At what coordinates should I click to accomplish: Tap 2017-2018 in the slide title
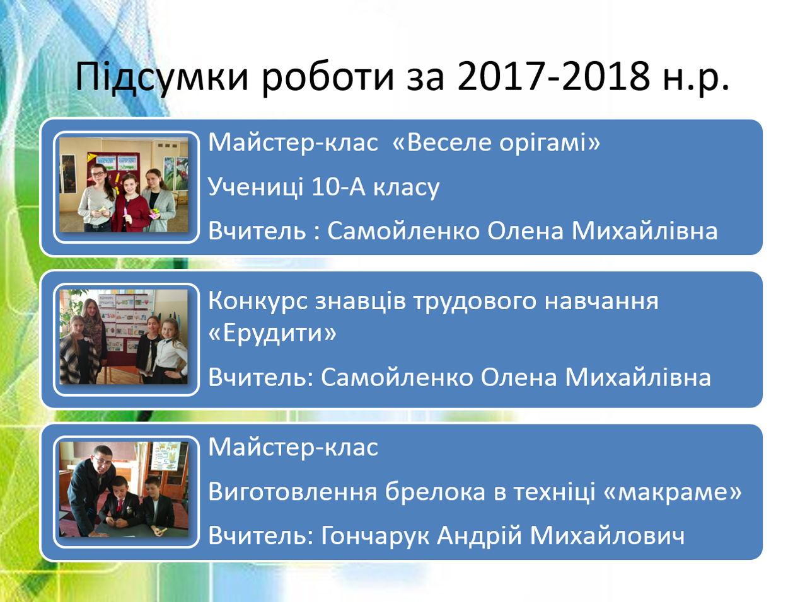553,77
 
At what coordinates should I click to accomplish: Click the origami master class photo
124,185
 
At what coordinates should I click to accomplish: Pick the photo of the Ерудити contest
124,337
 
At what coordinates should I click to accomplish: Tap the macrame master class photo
124,489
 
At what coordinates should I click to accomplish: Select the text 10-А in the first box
339,187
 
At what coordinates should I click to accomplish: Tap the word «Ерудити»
272,334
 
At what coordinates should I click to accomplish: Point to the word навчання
602,302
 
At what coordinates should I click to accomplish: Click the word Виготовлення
292,492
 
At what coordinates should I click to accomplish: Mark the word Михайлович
607,535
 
